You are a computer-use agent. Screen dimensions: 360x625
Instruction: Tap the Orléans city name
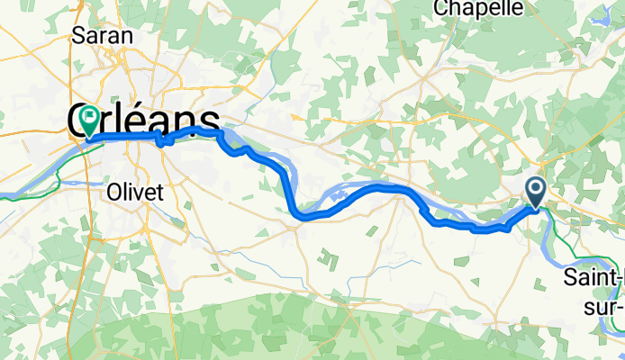[144, 121]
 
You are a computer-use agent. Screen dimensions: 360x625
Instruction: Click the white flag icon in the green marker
[90, 116]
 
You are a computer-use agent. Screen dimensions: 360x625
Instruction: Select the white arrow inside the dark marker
[536, 189]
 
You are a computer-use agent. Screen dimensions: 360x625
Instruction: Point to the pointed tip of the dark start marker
[536, 208]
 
